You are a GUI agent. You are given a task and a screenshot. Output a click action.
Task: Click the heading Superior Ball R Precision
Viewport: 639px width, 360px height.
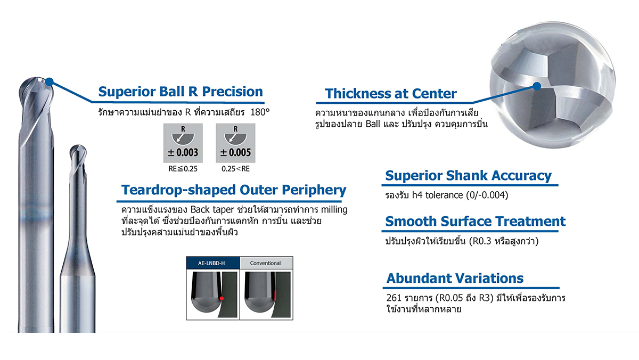point(181,92)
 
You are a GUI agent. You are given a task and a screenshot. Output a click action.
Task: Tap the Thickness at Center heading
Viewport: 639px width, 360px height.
point(390,94)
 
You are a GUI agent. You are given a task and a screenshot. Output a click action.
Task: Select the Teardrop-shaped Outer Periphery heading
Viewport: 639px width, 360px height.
point(234,190)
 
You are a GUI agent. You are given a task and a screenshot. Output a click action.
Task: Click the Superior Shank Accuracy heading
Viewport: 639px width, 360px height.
point(468,176)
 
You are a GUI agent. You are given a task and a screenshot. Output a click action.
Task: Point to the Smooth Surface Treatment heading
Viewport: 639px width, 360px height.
point(475,222)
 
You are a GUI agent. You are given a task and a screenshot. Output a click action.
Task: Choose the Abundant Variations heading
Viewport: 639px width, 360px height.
point(455,278)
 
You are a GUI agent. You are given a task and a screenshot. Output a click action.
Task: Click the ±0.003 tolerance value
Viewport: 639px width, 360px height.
point(183,153)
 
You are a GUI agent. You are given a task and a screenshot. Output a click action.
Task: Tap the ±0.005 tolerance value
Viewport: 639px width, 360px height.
point(235,153)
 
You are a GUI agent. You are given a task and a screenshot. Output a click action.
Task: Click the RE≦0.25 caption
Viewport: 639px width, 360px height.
point(183,169)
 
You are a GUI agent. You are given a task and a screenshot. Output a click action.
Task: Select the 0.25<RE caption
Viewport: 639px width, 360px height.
point(235,169)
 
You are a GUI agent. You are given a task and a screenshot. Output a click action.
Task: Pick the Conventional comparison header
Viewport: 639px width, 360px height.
point(266,263)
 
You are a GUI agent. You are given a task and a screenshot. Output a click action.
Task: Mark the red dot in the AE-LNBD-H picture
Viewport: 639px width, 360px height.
point(222,298)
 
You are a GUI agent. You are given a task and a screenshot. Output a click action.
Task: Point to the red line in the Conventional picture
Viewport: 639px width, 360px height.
point(275,295)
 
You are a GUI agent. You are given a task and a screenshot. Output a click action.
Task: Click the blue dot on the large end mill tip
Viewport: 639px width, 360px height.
point(50,82)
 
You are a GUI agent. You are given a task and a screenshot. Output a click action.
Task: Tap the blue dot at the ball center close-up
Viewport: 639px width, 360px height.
point(537,86)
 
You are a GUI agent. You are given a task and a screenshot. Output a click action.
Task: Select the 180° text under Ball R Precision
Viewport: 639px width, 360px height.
point(260,112)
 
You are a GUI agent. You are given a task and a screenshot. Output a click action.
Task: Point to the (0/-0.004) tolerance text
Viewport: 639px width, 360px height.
point(487,195)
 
